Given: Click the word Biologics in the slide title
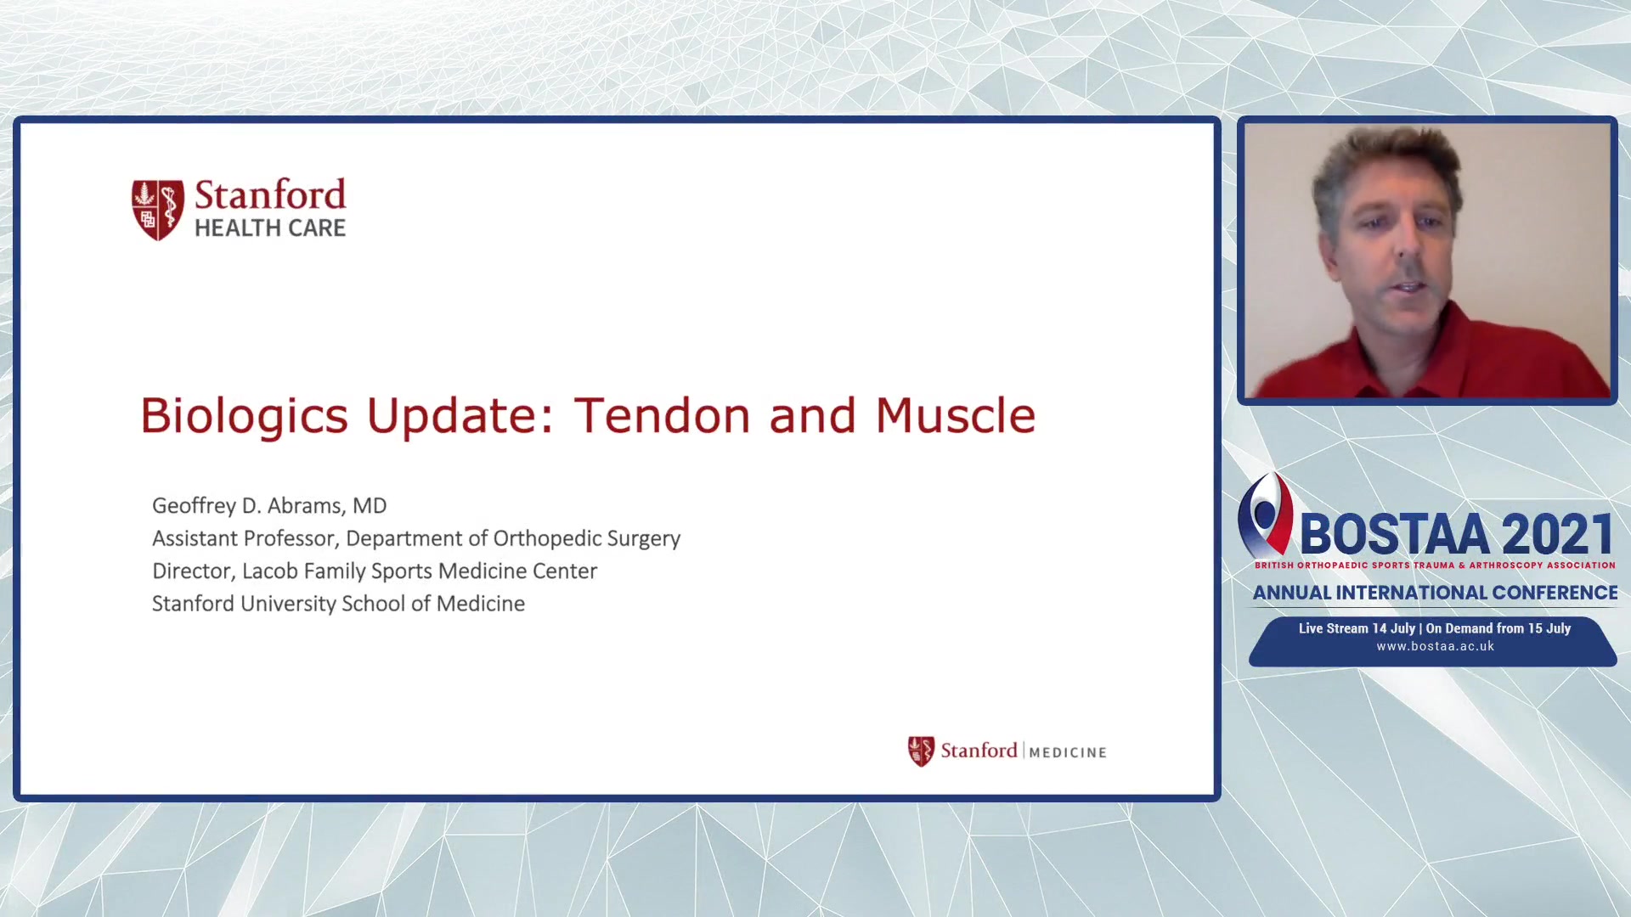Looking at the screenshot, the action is [x=244, y=417].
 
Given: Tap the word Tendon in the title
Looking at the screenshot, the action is [x=663, y=415].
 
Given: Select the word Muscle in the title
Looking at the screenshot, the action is [x=956, y=415].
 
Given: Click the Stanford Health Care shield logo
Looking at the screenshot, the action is [x=157, y=209].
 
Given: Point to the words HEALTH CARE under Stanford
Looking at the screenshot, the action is [x=270, y=228].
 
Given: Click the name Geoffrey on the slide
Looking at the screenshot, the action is [x=194, y=506].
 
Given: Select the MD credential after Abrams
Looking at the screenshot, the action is [x=370, y=506].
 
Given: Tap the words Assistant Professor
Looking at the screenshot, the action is [x=245, y=539].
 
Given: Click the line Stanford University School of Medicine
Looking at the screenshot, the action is [x=338, y=604].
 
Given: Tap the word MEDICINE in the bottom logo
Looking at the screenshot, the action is [x=1068, y=752].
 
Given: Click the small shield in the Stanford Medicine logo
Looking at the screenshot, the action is [x=921, y=751].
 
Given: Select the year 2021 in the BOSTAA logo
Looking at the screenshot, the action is [x=1558, y=535].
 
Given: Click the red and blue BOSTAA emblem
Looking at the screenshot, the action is [x=1266, y=515].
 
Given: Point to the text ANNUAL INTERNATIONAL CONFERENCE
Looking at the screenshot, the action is [x=1436, y=593].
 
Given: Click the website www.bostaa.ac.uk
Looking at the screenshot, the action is [x=1436, y=646].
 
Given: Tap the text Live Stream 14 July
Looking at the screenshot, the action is [x=1357, y=628].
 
